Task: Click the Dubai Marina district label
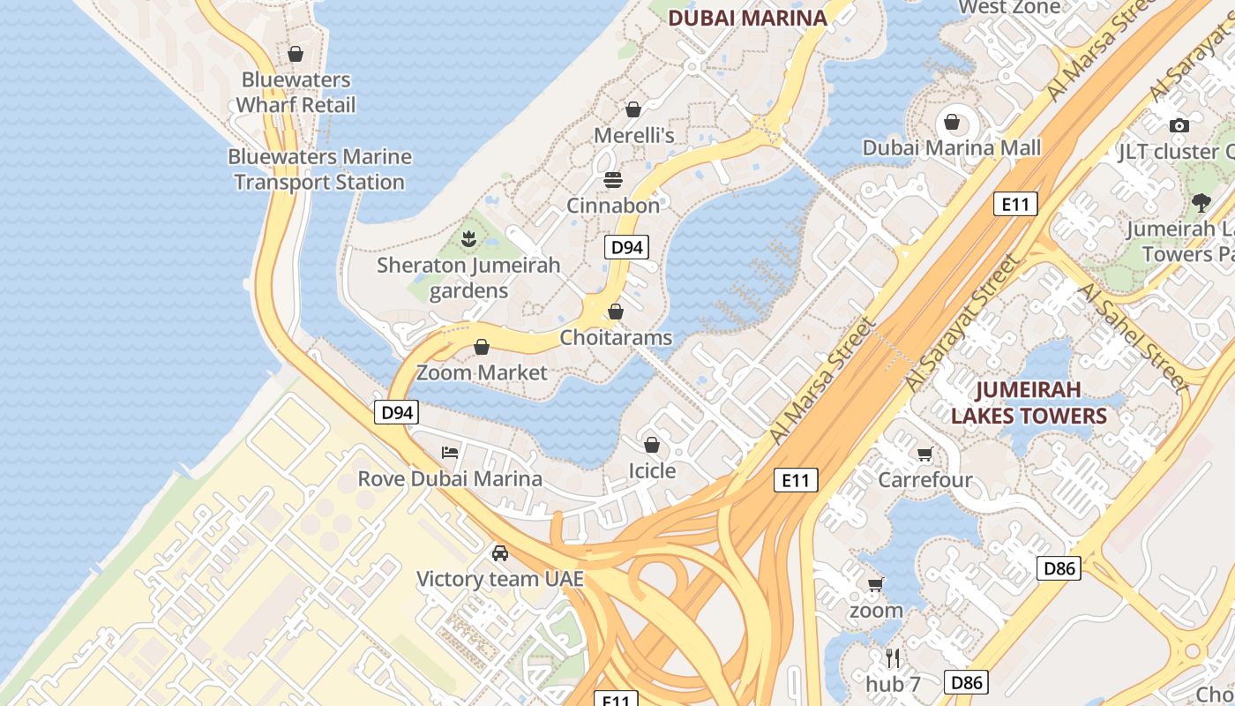pos(747,18)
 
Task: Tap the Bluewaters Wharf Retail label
pos(296,93)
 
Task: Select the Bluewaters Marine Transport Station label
pos(319,169)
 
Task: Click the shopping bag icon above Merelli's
pos(632,109)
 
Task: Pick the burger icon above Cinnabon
pos(613,180)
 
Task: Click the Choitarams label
pos(616,338)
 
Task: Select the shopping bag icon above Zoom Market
pos(482,347)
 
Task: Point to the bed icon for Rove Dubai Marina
pos(450,454)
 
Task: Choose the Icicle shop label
pos(652,471)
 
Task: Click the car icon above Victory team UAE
pos(500,553)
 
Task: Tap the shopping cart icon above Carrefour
pos(924,454)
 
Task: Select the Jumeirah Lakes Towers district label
pos(1029,402)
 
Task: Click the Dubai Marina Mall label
pos(952,148)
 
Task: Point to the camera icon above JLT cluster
pos(1179,126)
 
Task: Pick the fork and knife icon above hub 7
pos(893,657)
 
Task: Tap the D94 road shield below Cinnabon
pos(626,247)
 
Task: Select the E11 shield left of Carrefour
pos(796,480)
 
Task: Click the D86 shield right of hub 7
pos(966,682)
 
